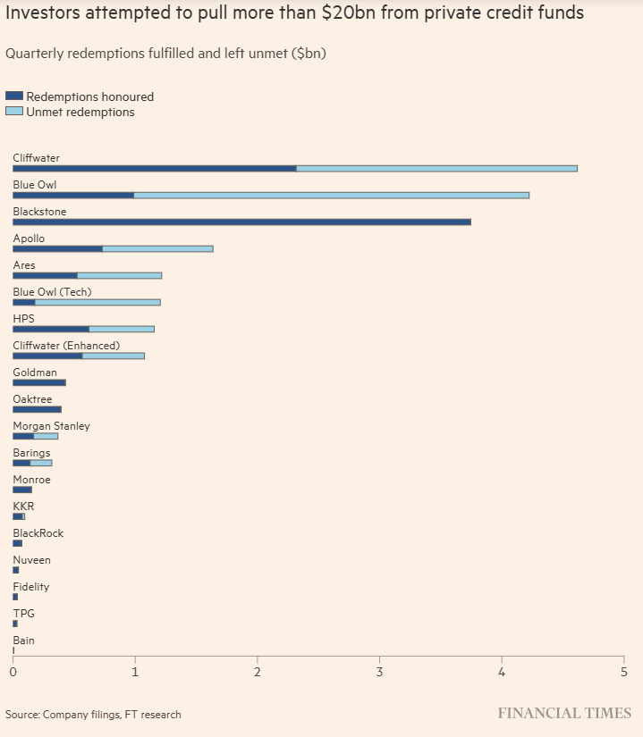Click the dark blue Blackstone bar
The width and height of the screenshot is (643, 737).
pos(241,222)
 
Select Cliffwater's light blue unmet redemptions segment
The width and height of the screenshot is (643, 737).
pos(436,168)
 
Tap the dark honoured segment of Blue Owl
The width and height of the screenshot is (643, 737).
pos(73,195)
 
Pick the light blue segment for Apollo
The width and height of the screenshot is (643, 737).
pos(157,248)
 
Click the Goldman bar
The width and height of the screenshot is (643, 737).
pos(39,382)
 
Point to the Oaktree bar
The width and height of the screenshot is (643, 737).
pos(37,409)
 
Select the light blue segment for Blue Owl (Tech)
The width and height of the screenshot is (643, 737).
pos(97,302)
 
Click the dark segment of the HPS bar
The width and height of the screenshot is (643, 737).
pos(51,329)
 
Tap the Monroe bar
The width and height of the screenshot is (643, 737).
pos(22,490)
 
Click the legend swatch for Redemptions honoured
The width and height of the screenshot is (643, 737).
pos(14,96)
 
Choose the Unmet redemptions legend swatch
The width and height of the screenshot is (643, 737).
pos(14,112)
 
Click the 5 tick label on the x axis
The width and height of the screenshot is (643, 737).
pos(623,672)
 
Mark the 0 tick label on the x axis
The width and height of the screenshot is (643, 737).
pos(13,672)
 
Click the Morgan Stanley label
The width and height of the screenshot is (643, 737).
pos(51,426)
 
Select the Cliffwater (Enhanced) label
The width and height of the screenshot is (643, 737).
pos(66,346)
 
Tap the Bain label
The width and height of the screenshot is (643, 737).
pos(24,641)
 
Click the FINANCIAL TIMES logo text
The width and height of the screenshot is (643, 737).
pos(564,713)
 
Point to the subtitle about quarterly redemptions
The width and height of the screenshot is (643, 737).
pos(165,54)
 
